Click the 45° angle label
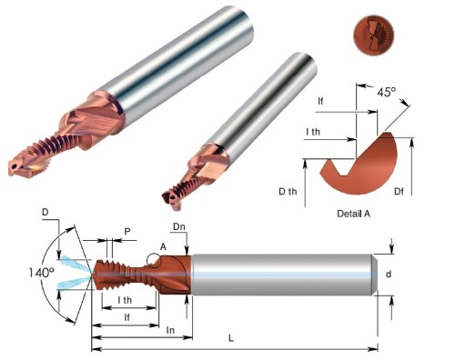tap(387, 92)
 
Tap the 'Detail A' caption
tap(354, 214)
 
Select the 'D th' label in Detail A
tap(288, 191)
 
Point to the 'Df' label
tap(399, 191)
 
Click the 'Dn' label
tap(179, 226)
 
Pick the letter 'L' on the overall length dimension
tap(231, 338)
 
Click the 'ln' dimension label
tap(170, 330)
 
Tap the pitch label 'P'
tap(127, 232)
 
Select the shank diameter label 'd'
tap(389, 274)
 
